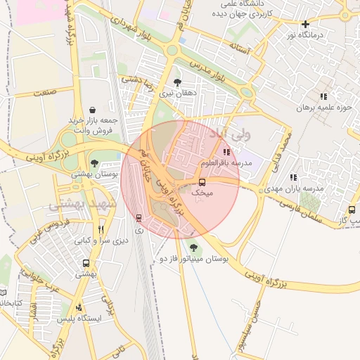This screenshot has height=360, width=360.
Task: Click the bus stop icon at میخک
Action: point(203,181)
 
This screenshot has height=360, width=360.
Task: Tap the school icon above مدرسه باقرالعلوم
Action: point(226,152)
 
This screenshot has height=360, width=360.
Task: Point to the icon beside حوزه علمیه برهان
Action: point(323,96)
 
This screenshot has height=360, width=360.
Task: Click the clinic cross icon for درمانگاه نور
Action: point(305,24)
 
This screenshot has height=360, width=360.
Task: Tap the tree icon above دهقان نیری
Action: point(186,82)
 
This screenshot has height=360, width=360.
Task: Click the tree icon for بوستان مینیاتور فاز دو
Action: point(193,247)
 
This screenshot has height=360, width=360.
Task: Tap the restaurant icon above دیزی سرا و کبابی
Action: point(101,229)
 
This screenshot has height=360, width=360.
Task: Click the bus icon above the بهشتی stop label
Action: point(86,263)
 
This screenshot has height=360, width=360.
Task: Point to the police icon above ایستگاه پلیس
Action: point(79,307)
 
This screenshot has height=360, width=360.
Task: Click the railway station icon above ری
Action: point(138,218)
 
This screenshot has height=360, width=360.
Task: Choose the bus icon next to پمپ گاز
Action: point(351,210)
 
